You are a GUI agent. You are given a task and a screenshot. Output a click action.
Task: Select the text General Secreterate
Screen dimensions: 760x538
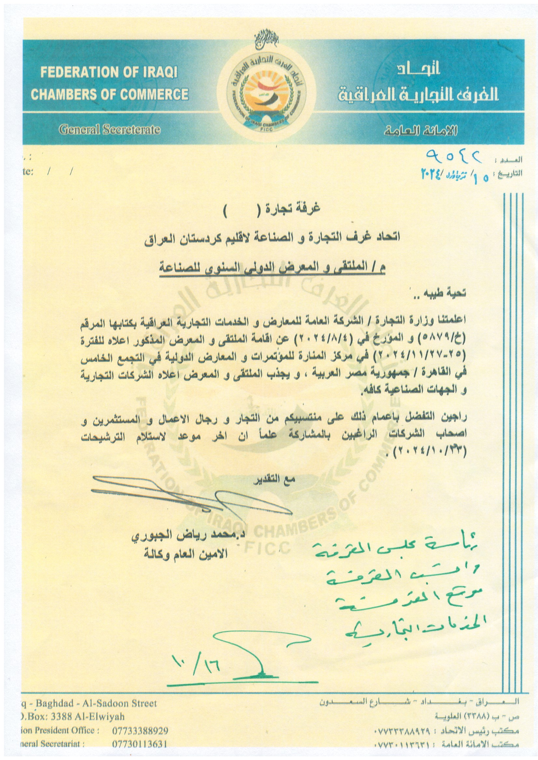[110, 130]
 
